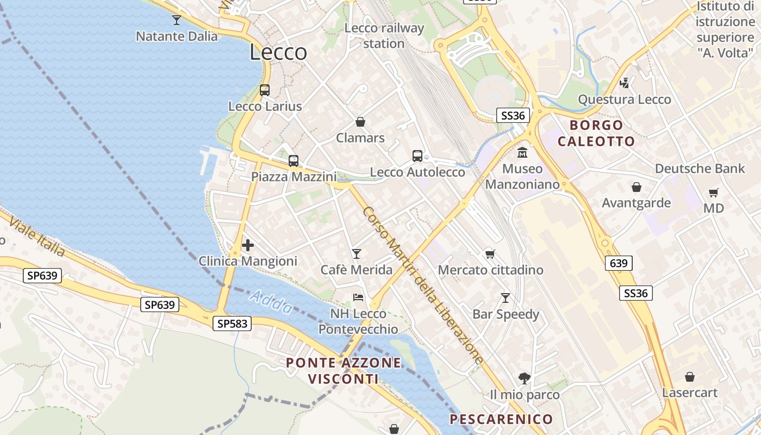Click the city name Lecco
click(278, 53)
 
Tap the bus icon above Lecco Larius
click(265, 90)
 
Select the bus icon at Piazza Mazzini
click(294, 161)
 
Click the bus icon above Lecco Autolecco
click(417, 156)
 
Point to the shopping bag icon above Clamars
click(360, 122)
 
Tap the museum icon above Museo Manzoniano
click(522, 152)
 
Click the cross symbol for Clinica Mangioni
click(248, 245)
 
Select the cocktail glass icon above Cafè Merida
click(357, 253)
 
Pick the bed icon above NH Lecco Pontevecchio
click(358, 297)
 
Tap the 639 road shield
click(619, 264)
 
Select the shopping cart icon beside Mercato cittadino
click(490, 253)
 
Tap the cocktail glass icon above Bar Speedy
click(506, 297)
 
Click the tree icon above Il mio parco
click(525, 378)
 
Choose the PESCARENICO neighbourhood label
click(501, 419)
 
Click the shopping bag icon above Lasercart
click(690, 377)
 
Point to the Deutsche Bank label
click(700, 169)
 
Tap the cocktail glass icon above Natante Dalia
click(177, 20)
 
